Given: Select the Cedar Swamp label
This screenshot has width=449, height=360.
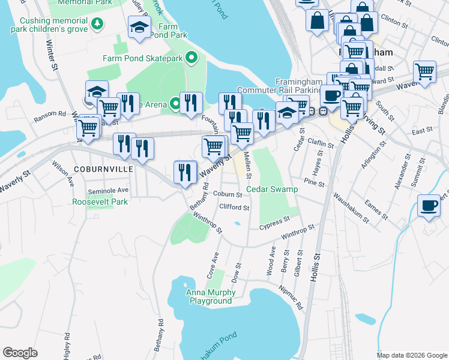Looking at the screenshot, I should click(272, 190).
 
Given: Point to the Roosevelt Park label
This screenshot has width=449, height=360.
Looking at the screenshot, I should click(100, 202).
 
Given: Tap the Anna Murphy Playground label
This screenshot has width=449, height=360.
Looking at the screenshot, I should click(211, 296).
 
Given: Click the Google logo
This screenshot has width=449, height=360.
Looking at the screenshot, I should click(20, 353).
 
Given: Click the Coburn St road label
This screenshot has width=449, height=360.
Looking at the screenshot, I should click(227, 194).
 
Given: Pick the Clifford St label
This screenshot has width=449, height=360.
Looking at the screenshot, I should click(234, 208).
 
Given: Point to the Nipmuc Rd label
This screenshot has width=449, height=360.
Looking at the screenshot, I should click(289, 290).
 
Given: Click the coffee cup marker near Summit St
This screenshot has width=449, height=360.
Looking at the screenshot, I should click(429, 206).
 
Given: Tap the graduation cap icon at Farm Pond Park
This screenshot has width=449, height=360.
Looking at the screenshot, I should click(140, 27).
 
